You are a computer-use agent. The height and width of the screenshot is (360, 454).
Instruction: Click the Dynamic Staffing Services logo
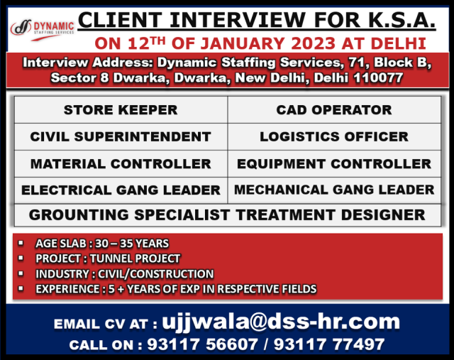[43, 30]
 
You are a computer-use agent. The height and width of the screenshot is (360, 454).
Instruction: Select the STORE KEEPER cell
[121, 110]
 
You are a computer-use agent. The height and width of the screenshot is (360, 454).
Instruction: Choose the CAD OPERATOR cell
[334, 110]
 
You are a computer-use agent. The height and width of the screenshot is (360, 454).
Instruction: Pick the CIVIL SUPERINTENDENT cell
[121, 137]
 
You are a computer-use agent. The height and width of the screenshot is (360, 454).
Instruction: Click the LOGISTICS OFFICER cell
[334, 137]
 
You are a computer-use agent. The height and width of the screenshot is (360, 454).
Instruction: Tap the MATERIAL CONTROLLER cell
[121, 164]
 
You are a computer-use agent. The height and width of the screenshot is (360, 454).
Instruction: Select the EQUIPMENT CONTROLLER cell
[334, 164]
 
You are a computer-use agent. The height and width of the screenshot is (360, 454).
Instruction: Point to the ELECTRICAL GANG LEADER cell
[121, 190]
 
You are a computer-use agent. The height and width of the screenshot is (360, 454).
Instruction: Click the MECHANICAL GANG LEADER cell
[334, 190]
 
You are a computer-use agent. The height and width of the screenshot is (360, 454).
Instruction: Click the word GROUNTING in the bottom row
[79, 215]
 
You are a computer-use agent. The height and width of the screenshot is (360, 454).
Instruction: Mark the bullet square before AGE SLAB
[21, 243]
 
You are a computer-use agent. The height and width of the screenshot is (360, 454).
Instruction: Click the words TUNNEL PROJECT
[135, 258]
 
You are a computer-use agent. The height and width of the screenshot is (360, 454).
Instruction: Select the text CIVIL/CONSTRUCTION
[156, 274]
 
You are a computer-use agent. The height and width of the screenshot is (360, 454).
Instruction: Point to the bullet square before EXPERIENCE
[21, 288]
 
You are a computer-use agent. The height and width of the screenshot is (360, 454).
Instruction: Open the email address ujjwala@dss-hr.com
[281, 322]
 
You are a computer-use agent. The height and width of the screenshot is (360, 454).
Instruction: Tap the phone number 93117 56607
[202, 344]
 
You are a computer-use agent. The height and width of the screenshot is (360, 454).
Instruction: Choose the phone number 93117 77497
[329, 344]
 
